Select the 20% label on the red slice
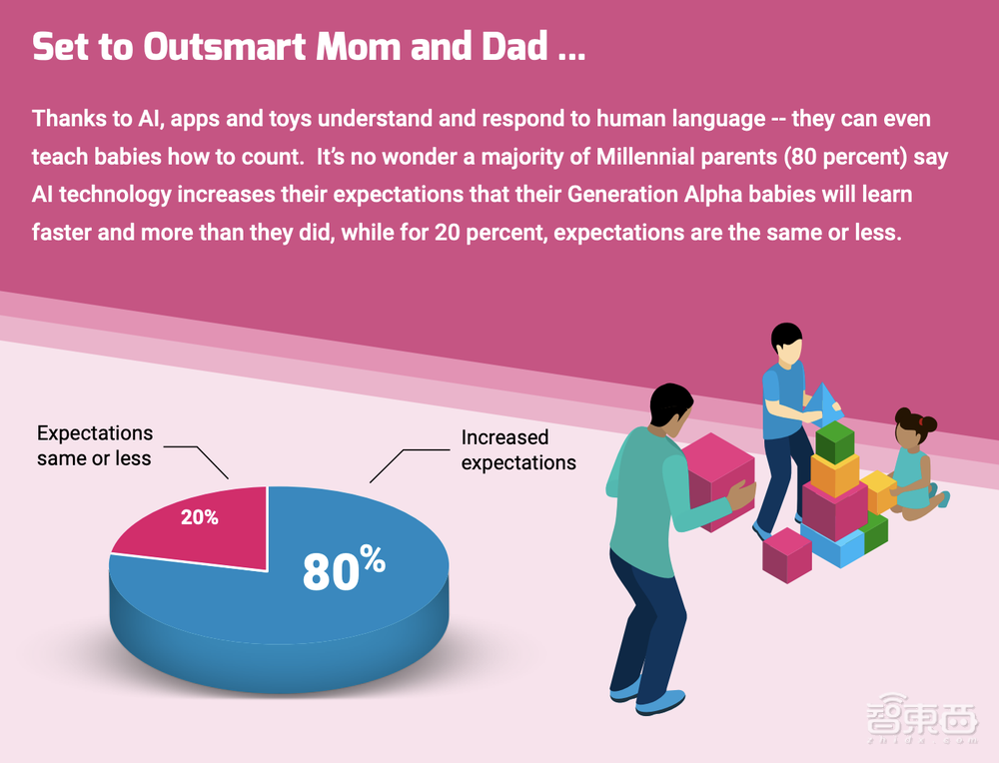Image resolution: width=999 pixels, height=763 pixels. pyautogui.click(x=199, y=518)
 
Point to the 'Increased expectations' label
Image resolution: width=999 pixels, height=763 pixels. pyautogui.click(x=518, y=449)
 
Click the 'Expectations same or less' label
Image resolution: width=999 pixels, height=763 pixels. pyautogui.click(x=95, y=445)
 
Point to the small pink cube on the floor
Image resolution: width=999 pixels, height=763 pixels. pyautogui.click(x=787, y=554)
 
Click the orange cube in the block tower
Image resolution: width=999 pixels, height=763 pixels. pyautogui.click(x=835, y=475)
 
